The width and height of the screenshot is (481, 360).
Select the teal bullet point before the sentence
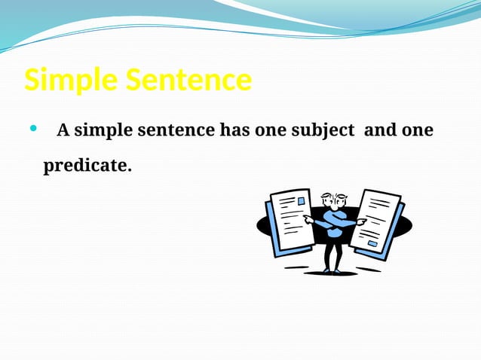[x=32, y=129]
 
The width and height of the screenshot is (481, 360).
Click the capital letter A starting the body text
[x=63, y=130]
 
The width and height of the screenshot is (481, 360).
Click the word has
[x=233, y=130]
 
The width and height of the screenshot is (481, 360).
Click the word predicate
[x=87, y=165]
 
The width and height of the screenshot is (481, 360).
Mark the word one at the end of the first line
[x=417, y=130]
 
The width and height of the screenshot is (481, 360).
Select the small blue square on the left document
[x=302, y=202]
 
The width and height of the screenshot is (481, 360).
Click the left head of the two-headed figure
[x=327, y=201]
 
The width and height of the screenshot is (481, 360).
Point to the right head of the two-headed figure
[x=341, y=201]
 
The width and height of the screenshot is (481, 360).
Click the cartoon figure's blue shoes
[x=332, y=270]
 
